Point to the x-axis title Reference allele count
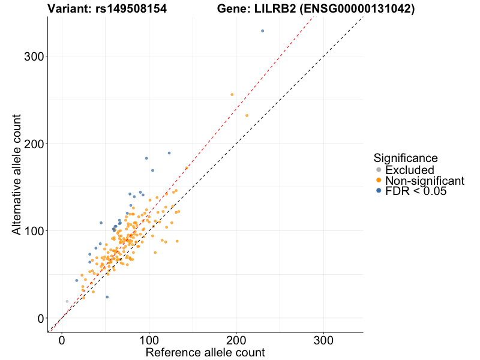click(205, 352)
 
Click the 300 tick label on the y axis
click(37, 56)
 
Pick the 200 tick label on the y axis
click(37, 144)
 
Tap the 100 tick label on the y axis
click(37, 231)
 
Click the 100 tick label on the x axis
click(149, 339)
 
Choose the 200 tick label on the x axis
click(236, 339)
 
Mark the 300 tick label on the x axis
click(324, 339)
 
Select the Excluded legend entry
click(410, 170)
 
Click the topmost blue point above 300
click(262, 31)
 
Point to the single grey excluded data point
click(67, 301)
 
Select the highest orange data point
click(232, 94)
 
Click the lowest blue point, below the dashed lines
click(107, 297)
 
